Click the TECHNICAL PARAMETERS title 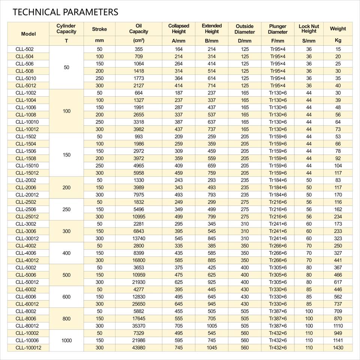pyautogui.click(x=65, y=12)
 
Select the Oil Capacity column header pyautogui.click(x=139, y=29)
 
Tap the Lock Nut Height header pyautogui.click(x=309, y=28)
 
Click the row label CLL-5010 pyautogui.click(x=26, y=78)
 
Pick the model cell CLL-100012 pyautogui.click(x=28, y=348)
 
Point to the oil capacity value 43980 pyautogui.click(x=139, y=348)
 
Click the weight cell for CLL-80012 pyautogui.click(x=338, y=326)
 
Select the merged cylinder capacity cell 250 pyautogui.click(x=66, y=209)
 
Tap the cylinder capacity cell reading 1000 pyautogui.click(x=66, y=340)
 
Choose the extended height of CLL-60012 pyautogui.click(x=211, y=304)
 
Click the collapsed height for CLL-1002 pyautogui.click(x=178, y=93)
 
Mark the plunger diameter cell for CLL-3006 pyautogui.click(x=278, y=231)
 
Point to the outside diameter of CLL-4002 pyautogui.click(x=245, y=246)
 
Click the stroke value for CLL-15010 pyautogui.click(x=99, y=165)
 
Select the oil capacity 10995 pyautogui.click(x=139, y=216)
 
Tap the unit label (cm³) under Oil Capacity pyautogui.click(x=139, y=40)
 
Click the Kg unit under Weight pyautogui.click(x=338, y=40)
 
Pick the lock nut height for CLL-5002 pyautogui.click(x=309, y=267)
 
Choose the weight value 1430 pyautogui.click(x=338, y=348)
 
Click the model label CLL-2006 pyautogui.click(x=26, y=187)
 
